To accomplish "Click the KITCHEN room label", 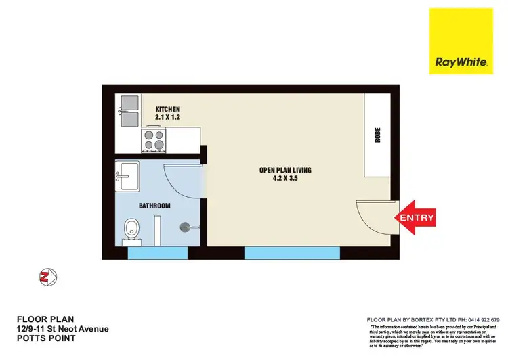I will point(167,109).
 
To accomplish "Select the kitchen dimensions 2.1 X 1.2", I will point(167,117).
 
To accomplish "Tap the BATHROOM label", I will point(155,206).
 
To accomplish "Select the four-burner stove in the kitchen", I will point(154,140).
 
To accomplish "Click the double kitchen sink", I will point(128,111).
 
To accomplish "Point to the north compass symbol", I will point(47,275).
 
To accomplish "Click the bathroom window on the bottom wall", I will point(157,253).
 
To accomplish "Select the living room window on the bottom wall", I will point(292,253).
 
